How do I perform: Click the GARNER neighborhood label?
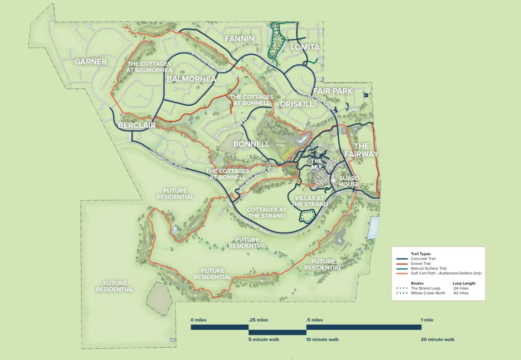pos(91,61)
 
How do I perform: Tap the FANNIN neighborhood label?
pos(240,38)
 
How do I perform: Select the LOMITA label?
pos(305,47)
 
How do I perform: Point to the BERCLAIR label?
pos(136,125)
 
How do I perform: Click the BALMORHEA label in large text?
pos(191,79)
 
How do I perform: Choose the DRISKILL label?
pos(297,103)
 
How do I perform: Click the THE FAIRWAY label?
pos(361,150)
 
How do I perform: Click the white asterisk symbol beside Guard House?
pos(334,180)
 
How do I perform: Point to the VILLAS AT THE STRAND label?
pos(309,201)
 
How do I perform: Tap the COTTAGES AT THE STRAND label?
pos(266,212)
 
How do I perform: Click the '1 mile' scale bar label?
pos(427,320)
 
